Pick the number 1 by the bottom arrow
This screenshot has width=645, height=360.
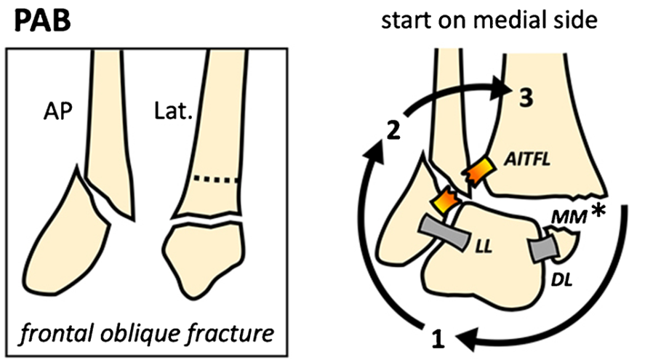click(437, 337)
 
